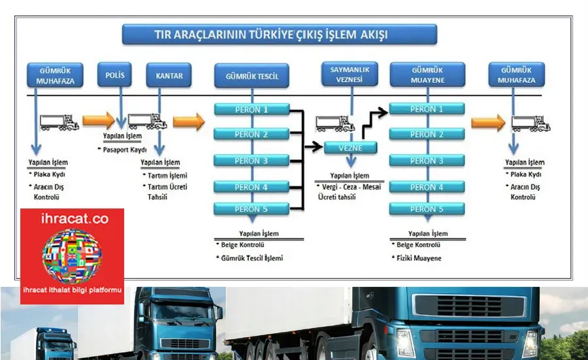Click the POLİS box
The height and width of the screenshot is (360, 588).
click(x=114, y=74)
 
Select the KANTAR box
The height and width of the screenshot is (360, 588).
click(x=169, y=75)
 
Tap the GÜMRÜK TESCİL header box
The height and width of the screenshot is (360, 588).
click(x=252, y=76)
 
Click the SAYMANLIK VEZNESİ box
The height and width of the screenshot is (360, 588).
click(x=350, y=74)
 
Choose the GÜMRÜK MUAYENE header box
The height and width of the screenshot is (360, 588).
click(x=427, y=74)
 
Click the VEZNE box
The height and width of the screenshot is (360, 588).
click(x=351, y=148)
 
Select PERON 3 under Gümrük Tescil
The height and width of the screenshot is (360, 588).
click(x=252, y=161)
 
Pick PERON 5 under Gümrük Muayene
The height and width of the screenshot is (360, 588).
click(x=427, y=209)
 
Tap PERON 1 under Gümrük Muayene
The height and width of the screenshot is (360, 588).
click(x=427, y=109)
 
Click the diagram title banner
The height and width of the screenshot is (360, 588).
click(x=280, y=35)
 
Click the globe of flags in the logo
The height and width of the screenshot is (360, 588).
click(x=72, y=255)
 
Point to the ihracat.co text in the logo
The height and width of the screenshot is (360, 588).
click(x=74, y=219)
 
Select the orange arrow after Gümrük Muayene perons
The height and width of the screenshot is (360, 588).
click(x=488, y=123)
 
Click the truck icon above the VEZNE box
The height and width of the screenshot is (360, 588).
click(x=335, y=123)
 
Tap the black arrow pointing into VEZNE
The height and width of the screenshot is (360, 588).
click(x=314, y=146)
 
